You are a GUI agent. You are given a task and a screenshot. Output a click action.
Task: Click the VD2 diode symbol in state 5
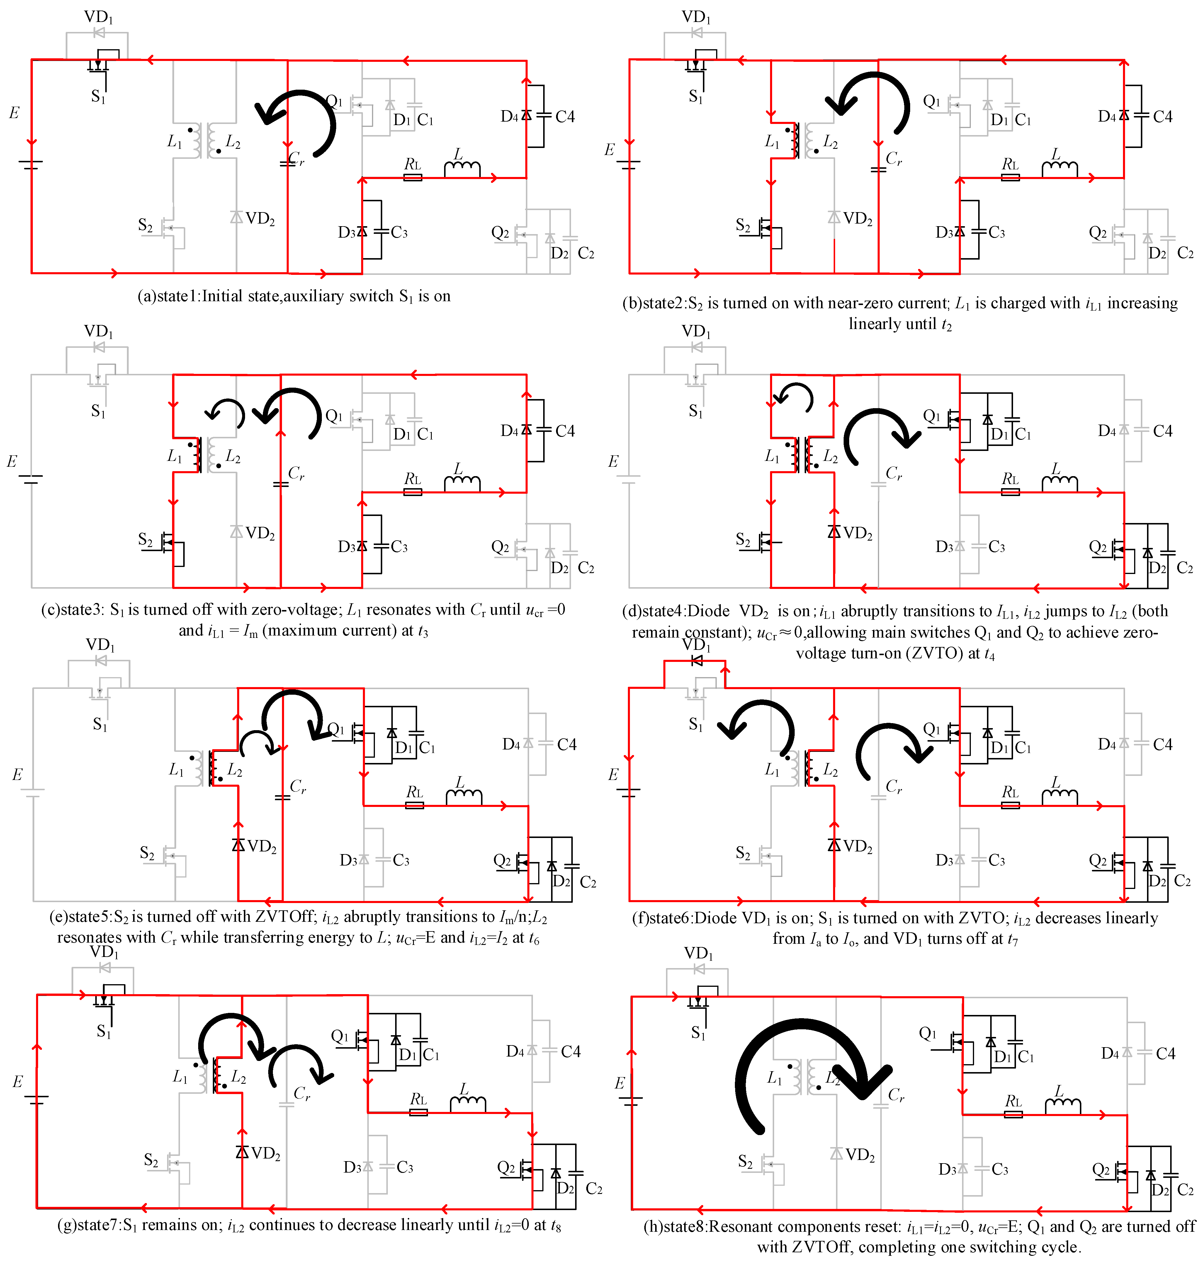point(238,845)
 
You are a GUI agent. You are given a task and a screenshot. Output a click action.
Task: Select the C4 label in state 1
point(565,117)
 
